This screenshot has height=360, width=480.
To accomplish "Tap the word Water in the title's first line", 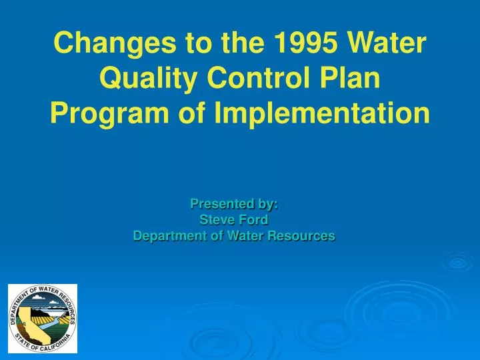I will pos(389,44).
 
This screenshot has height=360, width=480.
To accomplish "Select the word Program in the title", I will pos(108,115).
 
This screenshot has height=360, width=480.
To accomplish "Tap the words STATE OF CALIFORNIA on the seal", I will pos(41,345).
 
